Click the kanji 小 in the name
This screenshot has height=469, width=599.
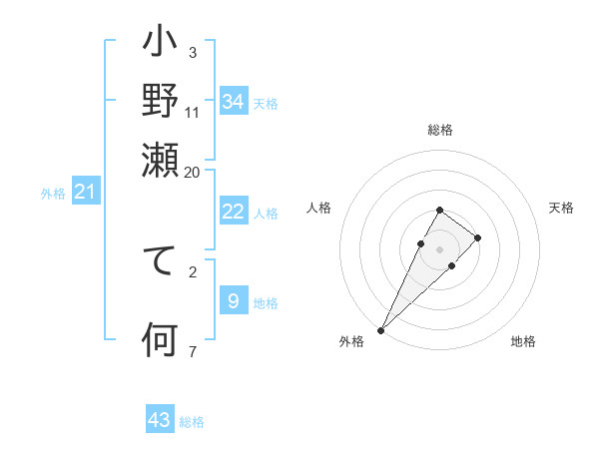click(160, 45)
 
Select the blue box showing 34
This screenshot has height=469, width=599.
click(233, 102)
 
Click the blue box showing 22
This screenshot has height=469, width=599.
click(233, 212)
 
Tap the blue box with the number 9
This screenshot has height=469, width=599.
click(233, 300)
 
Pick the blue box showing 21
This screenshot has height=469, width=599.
click(85, 192)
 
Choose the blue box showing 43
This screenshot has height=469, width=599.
click(160, 420)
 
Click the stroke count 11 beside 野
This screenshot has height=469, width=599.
click(193, 112)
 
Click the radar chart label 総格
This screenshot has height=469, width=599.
click(440, 131)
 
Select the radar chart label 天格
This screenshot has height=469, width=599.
click(562, 208)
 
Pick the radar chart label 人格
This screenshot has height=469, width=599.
click(318, 208)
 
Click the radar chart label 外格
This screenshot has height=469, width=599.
click(350, 342)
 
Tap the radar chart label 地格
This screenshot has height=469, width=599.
click(524, 342)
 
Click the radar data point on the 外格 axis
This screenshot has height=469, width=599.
click(381, 329)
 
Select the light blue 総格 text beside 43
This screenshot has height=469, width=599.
click(192, 422)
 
